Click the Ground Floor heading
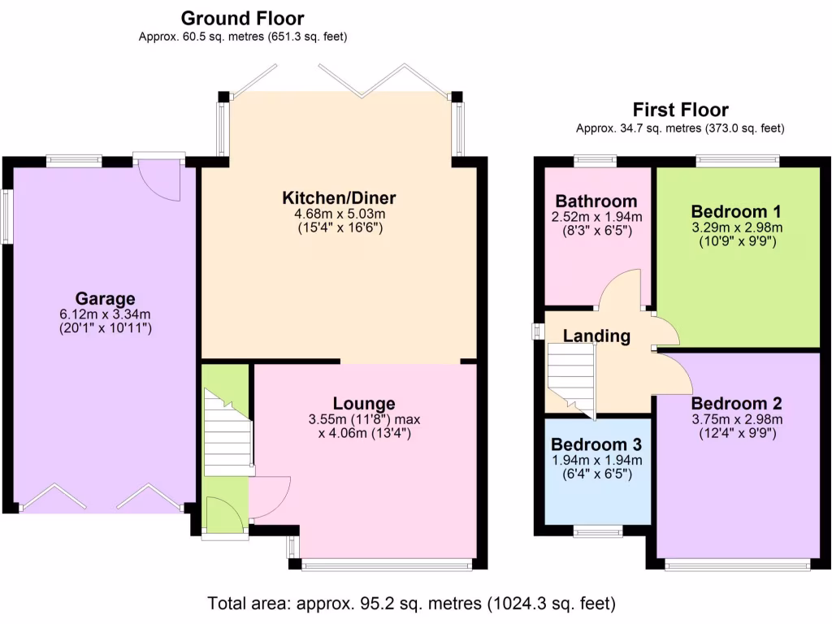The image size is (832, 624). [242, 18]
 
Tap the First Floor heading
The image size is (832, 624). [680, 110]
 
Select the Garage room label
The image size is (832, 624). [105, 298]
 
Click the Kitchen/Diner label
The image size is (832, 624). [339, 197]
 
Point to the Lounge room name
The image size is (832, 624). [363, 403]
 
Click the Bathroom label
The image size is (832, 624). [596, 201]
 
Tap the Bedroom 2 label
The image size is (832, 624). [737, 403]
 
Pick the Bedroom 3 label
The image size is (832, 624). [596, 444]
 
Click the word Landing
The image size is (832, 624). [596, 336]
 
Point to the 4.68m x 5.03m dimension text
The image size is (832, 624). [339, 213]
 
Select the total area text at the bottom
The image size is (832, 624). [412, 604]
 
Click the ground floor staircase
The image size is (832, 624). [227, 435]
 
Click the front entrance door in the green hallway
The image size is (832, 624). [224, 517]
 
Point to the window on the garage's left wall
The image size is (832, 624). [6, 216]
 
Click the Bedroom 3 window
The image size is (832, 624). [598, 531]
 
